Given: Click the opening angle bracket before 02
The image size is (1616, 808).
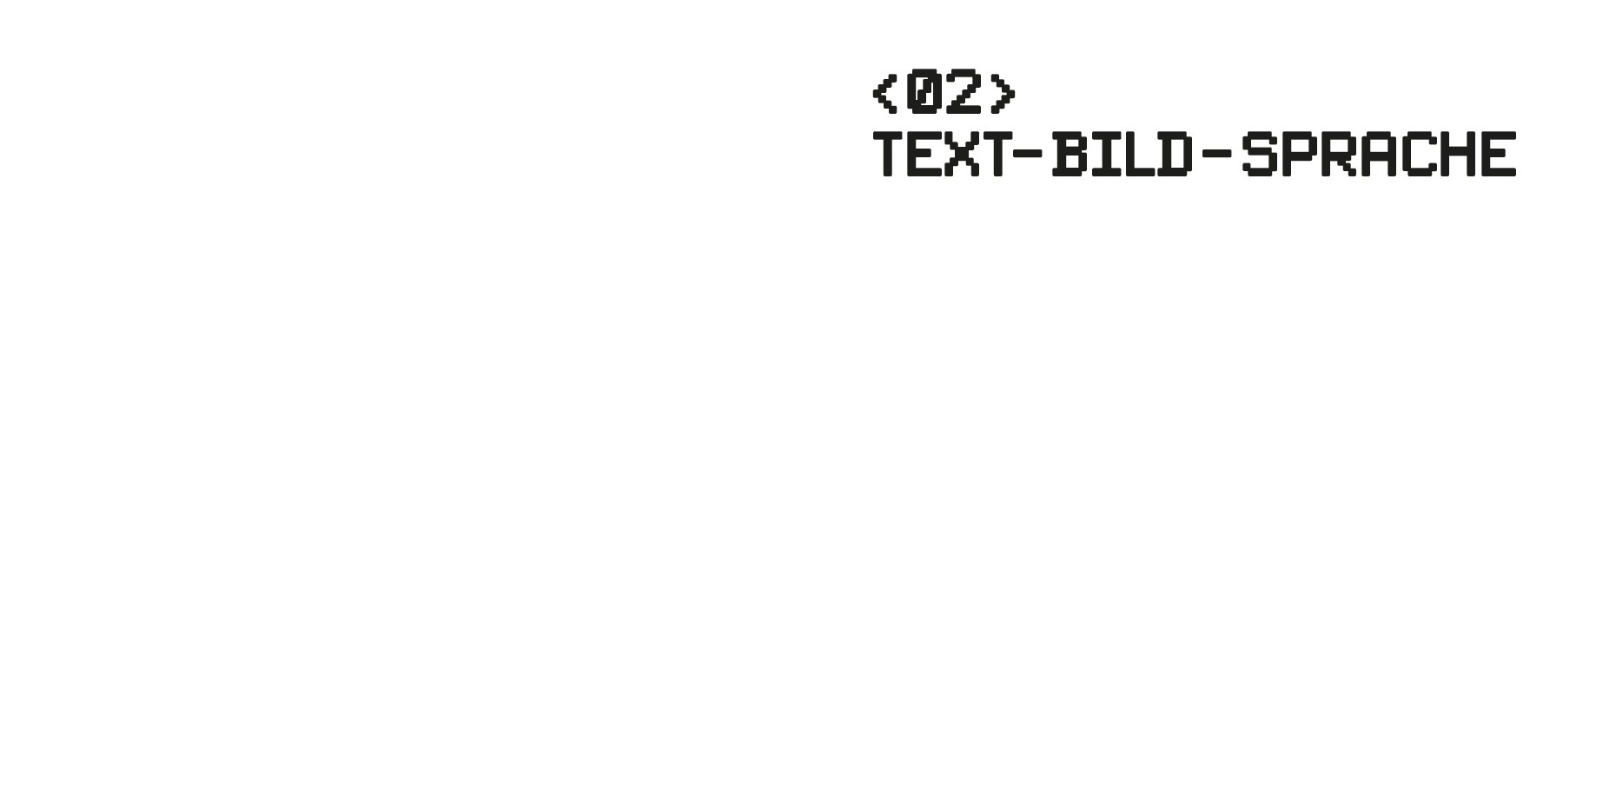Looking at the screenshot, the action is [884, 93].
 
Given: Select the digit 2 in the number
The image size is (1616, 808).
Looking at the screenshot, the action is [964, 91].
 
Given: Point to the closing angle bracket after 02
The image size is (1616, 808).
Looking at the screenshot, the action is [1003, 93].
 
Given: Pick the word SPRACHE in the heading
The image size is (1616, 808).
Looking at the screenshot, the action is [1379, 155].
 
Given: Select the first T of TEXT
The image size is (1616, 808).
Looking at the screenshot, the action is [889, 155].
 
